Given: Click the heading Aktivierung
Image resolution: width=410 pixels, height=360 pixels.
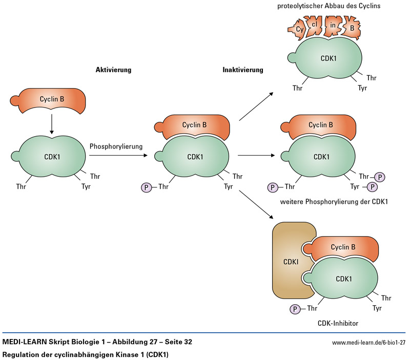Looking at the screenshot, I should pos(114,70).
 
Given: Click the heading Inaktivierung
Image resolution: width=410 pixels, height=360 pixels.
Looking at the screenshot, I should pos(242,70).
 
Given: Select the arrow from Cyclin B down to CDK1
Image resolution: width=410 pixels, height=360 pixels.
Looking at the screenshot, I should pos(52,124).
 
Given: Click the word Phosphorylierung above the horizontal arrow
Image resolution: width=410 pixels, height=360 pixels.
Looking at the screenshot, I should pos(116,146).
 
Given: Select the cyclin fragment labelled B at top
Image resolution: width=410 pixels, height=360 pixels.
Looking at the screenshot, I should pos(352,28).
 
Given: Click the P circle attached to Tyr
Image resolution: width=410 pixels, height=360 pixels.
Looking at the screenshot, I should pos(373,187).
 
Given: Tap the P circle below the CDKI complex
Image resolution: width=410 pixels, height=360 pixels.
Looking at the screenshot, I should pos(295,309).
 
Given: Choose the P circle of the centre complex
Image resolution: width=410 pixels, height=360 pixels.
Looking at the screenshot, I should pos(147,187).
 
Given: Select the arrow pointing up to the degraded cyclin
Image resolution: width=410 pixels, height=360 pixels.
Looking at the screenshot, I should pos(256,106).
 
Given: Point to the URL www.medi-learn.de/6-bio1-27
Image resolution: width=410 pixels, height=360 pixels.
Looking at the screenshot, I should pos(368,342).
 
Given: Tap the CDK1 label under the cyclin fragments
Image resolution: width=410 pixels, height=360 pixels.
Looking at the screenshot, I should pos(328,59).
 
